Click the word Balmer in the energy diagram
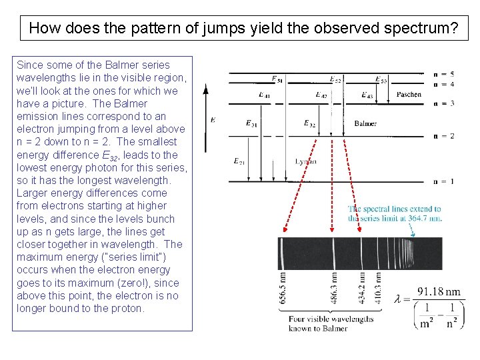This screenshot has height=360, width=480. tap(365, 123)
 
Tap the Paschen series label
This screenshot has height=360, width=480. tap(408, 95)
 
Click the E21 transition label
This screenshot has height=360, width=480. tap(239, 161)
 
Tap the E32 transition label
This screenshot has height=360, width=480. tap(309, 123)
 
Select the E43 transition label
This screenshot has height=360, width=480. tap(366, 95)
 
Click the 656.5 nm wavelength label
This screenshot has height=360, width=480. tap(283, 287)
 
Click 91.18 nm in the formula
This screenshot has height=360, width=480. tap(439, 292)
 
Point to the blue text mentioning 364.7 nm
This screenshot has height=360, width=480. tap(394, 213)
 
